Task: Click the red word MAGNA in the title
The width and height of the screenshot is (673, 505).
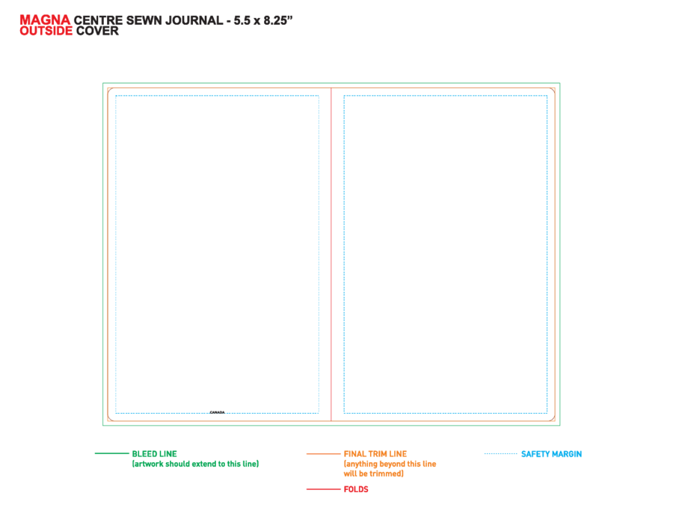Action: pos(45,19)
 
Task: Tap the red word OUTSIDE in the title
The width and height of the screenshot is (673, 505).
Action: pos(46,31)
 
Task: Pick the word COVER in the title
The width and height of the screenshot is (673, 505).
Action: pos(97,31)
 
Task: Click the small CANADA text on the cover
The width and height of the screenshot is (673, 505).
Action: pos(217,412)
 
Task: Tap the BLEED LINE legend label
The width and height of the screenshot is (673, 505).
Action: pos(155,454)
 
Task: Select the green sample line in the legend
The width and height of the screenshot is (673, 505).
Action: pos(111,453)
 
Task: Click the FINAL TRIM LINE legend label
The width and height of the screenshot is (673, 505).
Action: pos(375,454)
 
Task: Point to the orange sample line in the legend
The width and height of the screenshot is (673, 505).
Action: pos(323,453)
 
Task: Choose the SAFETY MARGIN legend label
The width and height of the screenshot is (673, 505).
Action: pos(552,454)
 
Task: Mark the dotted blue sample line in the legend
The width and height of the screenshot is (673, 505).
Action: pos(501,453)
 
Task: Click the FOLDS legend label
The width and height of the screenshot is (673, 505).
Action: pos(356,489)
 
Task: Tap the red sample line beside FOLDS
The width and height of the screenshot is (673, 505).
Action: pos(323,489)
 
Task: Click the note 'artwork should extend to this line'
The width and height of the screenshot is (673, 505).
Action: pos(195,464)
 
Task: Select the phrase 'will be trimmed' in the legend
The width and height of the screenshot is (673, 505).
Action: pos(374,474)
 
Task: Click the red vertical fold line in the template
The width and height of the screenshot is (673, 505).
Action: pos(331,254)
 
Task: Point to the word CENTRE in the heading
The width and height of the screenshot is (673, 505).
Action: pos(98,21)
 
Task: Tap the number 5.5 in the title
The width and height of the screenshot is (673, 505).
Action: pos(242,21)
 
